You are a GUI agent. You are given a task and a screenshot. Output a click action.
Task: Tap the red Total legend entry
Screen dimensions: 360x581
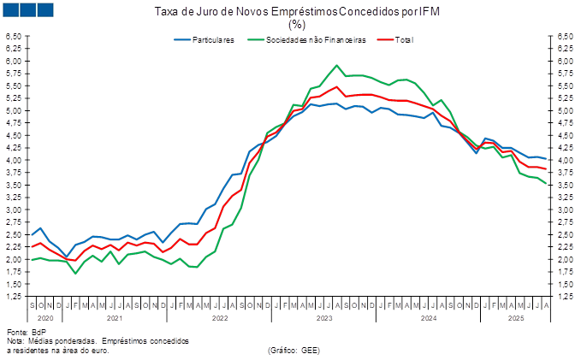[406, 39]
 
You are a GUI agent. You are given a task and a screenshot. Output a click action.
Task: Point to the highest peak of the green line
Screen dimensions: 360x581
[336, 66]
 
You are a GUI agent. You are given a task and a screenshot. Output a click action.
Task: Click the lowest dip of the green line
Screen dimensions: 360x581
[76, 273]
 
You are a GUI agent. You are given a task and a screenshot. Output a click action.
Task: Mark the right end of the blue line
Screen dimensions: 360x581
[547, 160]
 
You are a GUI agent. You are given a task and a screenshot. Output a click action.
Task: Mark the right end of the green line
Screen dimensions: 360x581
[547, 184]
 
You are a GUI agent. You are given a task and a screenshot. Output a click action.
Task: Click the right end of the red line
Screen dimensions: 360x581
[547, 169]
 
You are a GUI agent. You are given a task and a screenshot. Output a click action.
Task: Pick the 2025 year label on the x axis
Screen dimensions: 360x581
[516, 316]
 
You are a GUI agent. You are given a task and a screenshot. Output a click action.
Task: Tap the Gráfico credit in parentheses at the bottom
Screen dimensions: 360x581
[293, 350]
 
